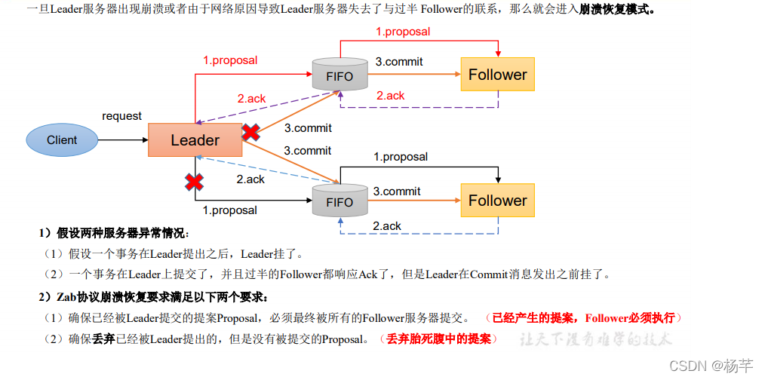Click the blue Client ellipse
pos(62,140)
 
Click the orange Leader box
pos(195,140)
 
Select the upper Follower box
pos(497,75)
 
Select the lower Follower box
pos(497,201)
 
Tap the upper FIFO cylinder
pos(339,75)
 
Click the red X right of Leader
pos(250,133)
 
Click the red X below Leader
pos(195,182)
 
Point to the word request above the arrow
pos(122,116)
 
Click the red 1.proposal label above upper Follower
pos(403,32)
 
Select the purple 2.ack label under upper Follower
pos(391,96)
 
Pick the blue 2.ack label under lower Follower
pos(387,225)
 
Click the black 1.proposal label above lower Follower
pos(401,157)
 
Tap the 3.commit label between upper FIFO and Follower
pos(398,62)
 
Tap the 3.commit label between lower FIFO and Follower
pos(397,192)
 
